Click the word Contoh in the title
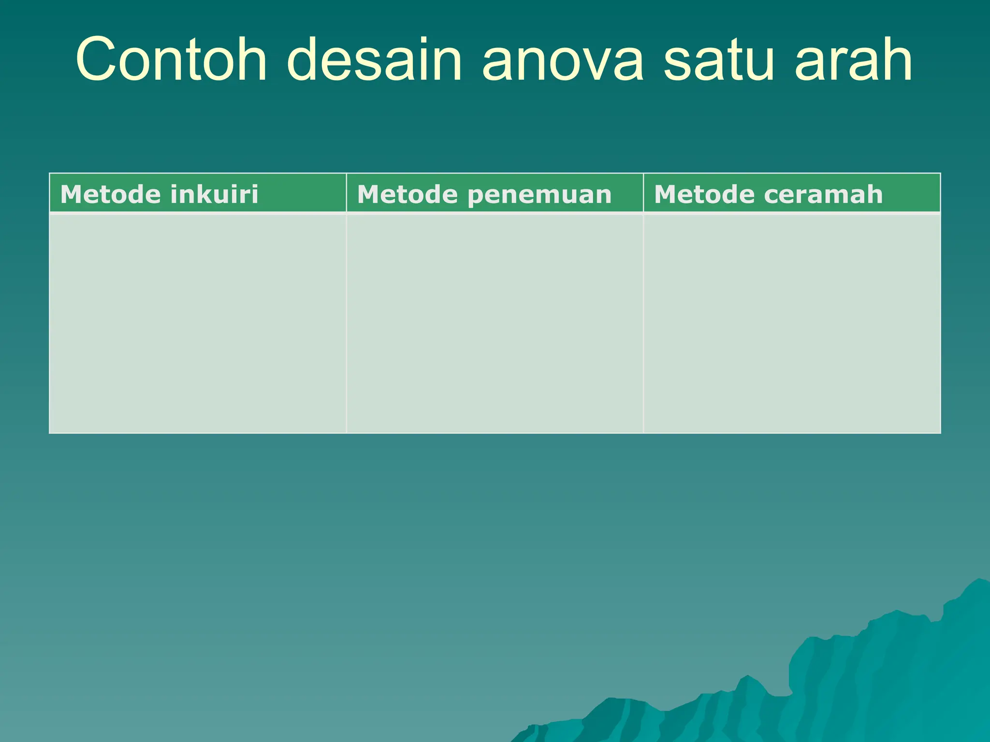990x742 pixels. coord(171,60)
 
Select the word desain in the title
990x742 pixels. coord(375,60)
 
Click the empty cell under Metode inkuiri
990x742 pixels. coord(198,323)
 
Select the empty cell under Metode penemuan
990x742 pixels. coord(495,323)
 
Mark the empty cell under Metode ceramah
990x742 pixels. coord(792,323)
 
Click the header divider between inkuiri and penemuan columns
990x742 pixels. coord(346,193)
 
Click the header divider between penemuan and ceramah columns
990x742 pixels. coord(643,193)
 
